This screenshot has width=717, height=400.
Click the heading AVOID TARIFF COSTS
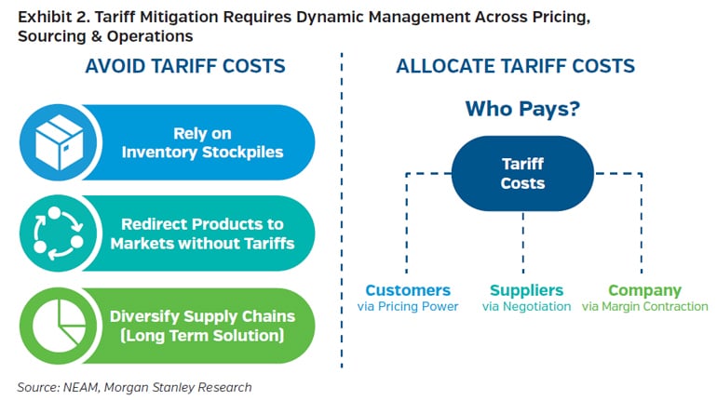click(x=185, y=67)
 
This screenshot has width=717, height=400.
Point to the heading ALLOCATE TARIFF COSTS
click(x=515, y=67)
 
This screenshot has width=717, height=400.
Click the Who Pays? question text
click(x=522, y=109)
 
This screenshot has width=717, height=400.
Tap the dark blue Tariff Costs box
click(x=522, y=174)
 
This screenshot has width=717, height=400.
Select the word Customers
click(x=408, y=290)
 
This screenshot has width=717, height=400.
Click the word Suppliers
click(x=526, y=290)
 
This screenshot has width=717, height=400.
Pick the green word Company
click(x=644, y=290)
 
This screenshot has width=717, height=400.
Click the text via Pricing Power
click(x=408, y=307)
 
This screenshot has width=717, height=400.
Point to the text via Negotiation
click(x=526, y=307)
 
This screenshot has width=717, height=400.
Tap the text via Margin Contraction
click(x=644, y=307)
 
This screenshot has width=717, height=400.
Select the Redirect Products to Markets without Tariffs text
click(x=203, y=234)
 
